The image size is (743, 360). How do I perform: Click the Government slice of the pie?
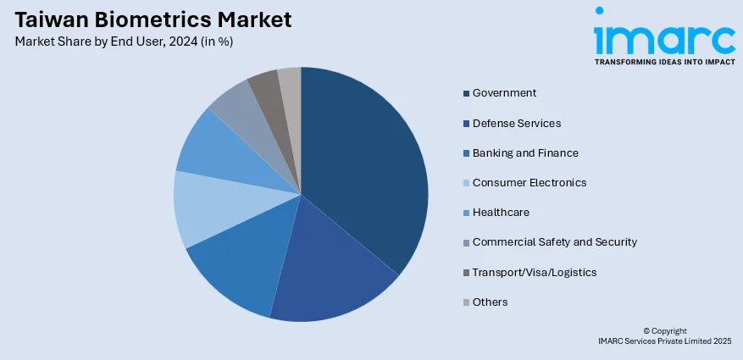364,161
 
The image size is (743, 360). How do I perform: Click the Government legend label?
504,93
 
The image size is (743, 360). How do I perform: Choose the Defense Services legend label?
516,123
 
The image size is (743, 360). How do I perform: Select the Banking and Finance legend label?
525,152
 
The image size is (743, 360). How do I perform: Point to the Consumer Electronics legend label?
529,182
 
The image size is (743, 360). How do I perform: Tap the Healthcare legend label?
501,212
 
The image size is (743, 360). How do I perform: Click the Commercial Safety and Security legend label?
554,242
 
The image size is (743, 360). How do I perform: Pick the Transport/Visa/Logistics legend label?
534,272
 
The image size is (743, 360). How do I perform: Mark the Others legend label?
490,302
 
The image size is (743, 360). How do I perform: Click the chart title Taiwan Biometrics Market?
153,19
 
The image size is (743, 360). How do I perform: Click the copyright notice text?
663,335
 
